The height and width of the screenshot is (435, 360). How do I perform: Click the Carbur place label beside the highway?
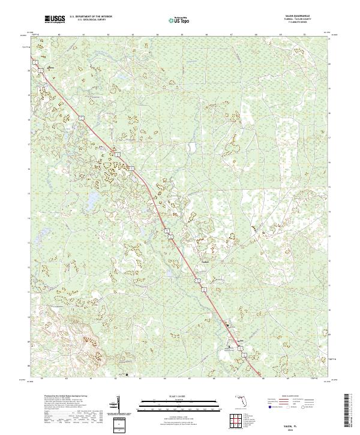pos(205,261)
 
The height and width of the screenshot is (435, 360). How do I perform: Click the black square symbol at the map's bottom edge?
pos(127,374)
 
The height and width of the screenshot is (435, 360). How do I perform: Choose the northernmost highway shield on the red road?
pos(86,112)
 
